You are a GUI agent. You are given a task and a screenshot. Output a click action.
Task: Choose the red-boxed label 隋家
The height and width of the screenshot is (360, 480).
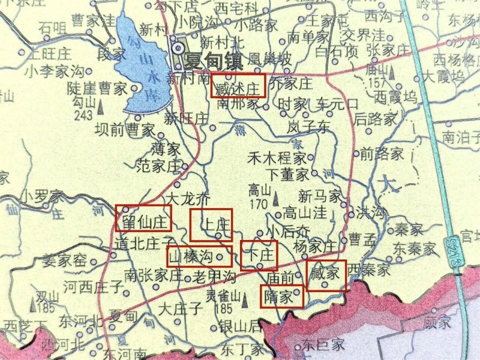(281, 295)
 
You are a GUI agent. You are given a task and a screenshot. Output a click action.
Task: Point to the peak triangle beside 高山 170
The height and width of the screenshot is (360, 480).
(276, 201)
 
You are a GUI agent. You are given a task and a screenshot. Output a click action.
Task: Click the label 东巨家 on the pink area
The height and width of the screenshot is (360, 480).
(324, 344)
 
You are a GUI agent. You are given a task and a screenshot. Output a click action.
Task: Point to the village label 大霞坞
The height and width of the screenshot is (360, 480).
(443, 76)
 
